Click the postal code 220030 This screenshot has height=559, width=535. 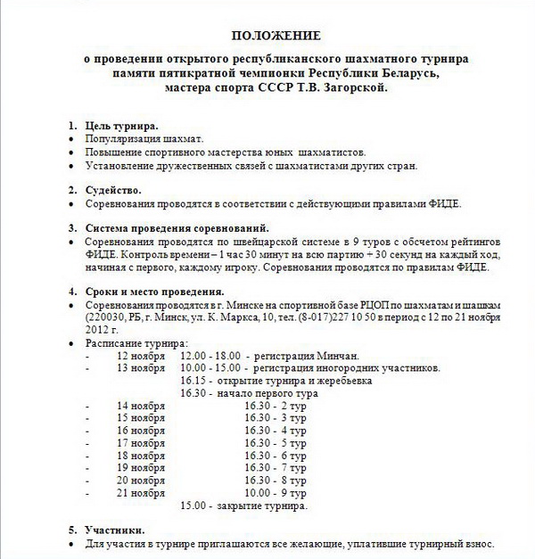pos(109,316)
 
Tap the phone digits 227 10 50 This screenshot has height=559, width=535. pos(357,316)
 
